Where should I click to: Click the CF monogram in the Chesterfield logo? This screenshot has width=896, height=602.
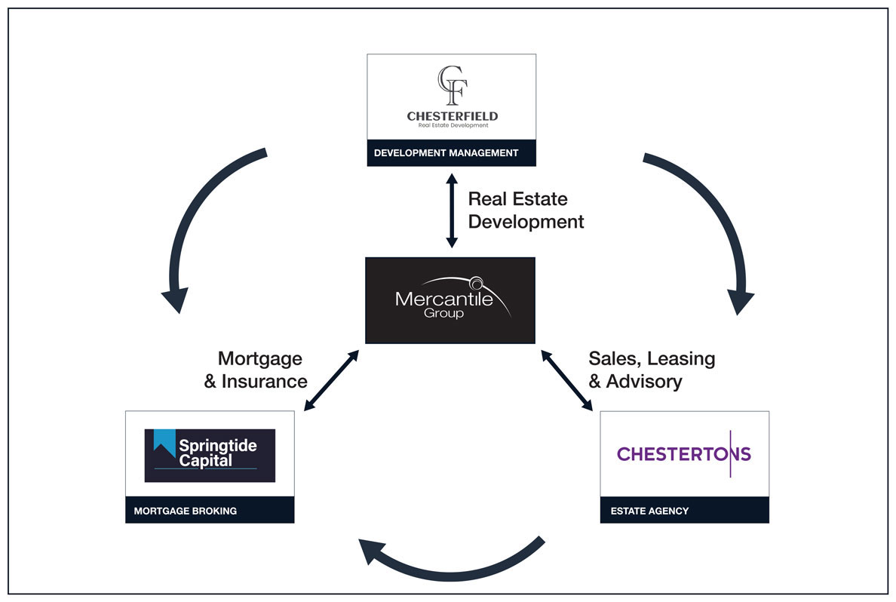(452, 85)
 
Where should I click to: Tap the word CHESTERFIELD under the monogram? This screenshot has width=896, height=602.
(452, 116)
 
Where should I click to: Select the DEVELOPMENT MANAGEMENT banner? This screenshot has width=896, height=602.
(452, 152)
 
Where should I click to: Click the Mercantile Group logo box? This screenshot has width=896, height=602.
(450, 300)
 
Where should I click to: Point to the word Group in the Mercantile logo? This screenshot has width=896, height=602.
(443, 313)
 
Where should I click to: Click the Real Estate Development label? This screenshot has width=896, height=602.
(526, 210)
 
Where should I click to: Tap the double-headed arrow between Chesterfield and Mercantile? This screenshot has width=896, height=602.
(452, 210)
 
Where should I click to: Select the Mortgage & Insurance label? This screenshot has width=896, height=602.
(256, 370)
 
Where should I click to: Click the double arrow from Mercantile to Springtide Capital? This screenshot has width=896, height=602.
(331, 380)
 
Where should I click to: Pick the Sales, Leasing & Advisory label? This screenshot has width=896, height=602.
(652, 370)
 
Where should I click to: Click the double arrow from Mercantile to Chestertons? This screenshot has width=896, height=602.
(567, 380)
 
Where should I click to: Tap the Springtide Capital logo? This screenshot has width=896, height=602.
(210, 456)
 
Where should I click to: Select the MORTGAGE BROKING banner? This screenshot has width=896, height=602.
(210, 510)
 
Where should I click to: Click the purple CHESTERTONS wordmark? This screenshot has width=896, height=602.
(684, 454)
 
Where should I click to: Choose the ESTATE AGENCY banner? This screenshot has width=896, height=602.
(685, 510)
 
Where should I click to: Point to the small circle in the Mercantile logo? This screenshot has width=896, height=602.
(476, 283)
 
